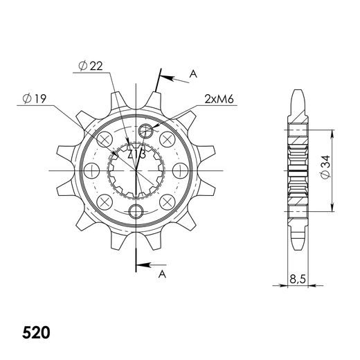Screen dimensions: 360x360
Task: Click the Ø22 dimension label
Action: [92, 66]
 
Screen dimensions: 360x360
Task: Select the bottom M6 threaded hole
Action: [136, 210]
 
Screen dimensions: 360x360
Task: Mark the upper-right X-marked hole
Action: [167, 141]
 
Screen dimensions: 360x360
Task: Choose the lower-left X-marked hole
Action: [105, 201]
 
